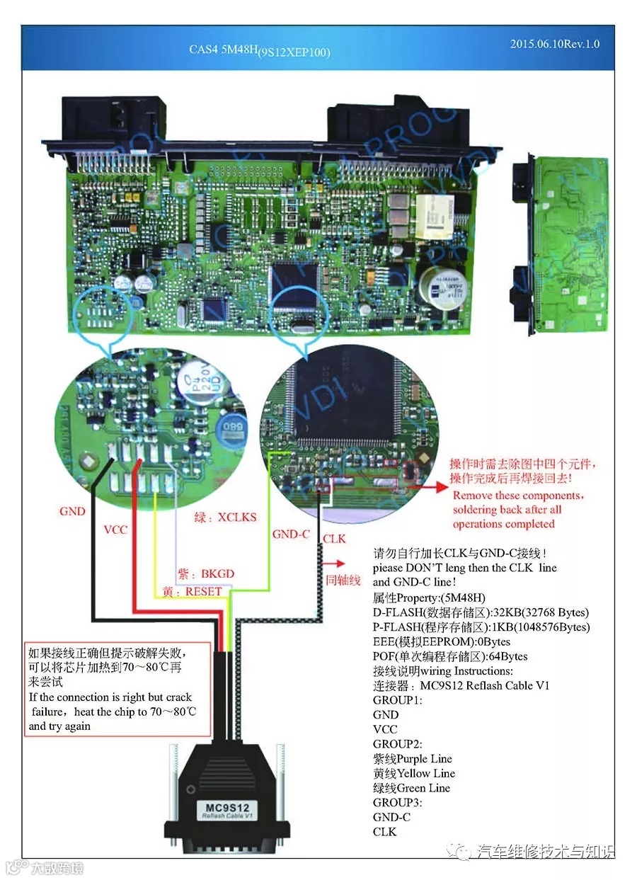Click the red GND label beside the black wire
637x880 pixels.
point(72,511)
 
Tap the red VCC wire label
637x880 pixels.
point(115,529)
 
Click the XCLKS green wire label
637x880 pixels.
point(219,518)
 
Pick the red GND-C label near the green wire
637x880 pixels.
point(291,534)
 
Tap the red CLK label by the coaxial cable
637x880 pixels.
point(334,539)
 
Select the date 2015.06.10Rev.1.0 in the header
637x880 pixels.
point(554,44)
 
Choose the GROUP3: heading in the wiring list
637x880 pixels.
point(397,802)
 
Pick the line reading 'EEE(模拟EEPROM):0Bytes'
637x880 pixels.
point(441,641)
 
